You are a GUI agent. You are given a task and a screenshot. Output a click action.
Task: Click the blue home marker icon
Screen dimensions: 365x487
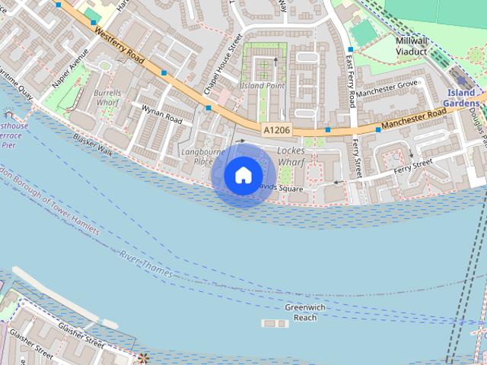point(243,175)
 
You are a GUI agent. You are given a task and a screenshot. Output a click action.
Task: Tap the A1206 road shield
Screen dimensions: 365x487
point(277,131)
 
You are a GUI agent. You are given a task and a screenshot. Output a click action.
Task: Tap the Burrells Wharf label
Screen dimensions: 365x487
point(108,97)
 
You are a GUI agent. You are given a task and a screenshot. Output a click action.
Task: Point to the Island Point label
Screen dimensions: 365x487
point(263,86)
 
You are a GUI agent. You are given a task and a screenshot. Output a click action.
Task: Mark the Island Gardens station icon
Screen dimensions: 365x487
point(459,81)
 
